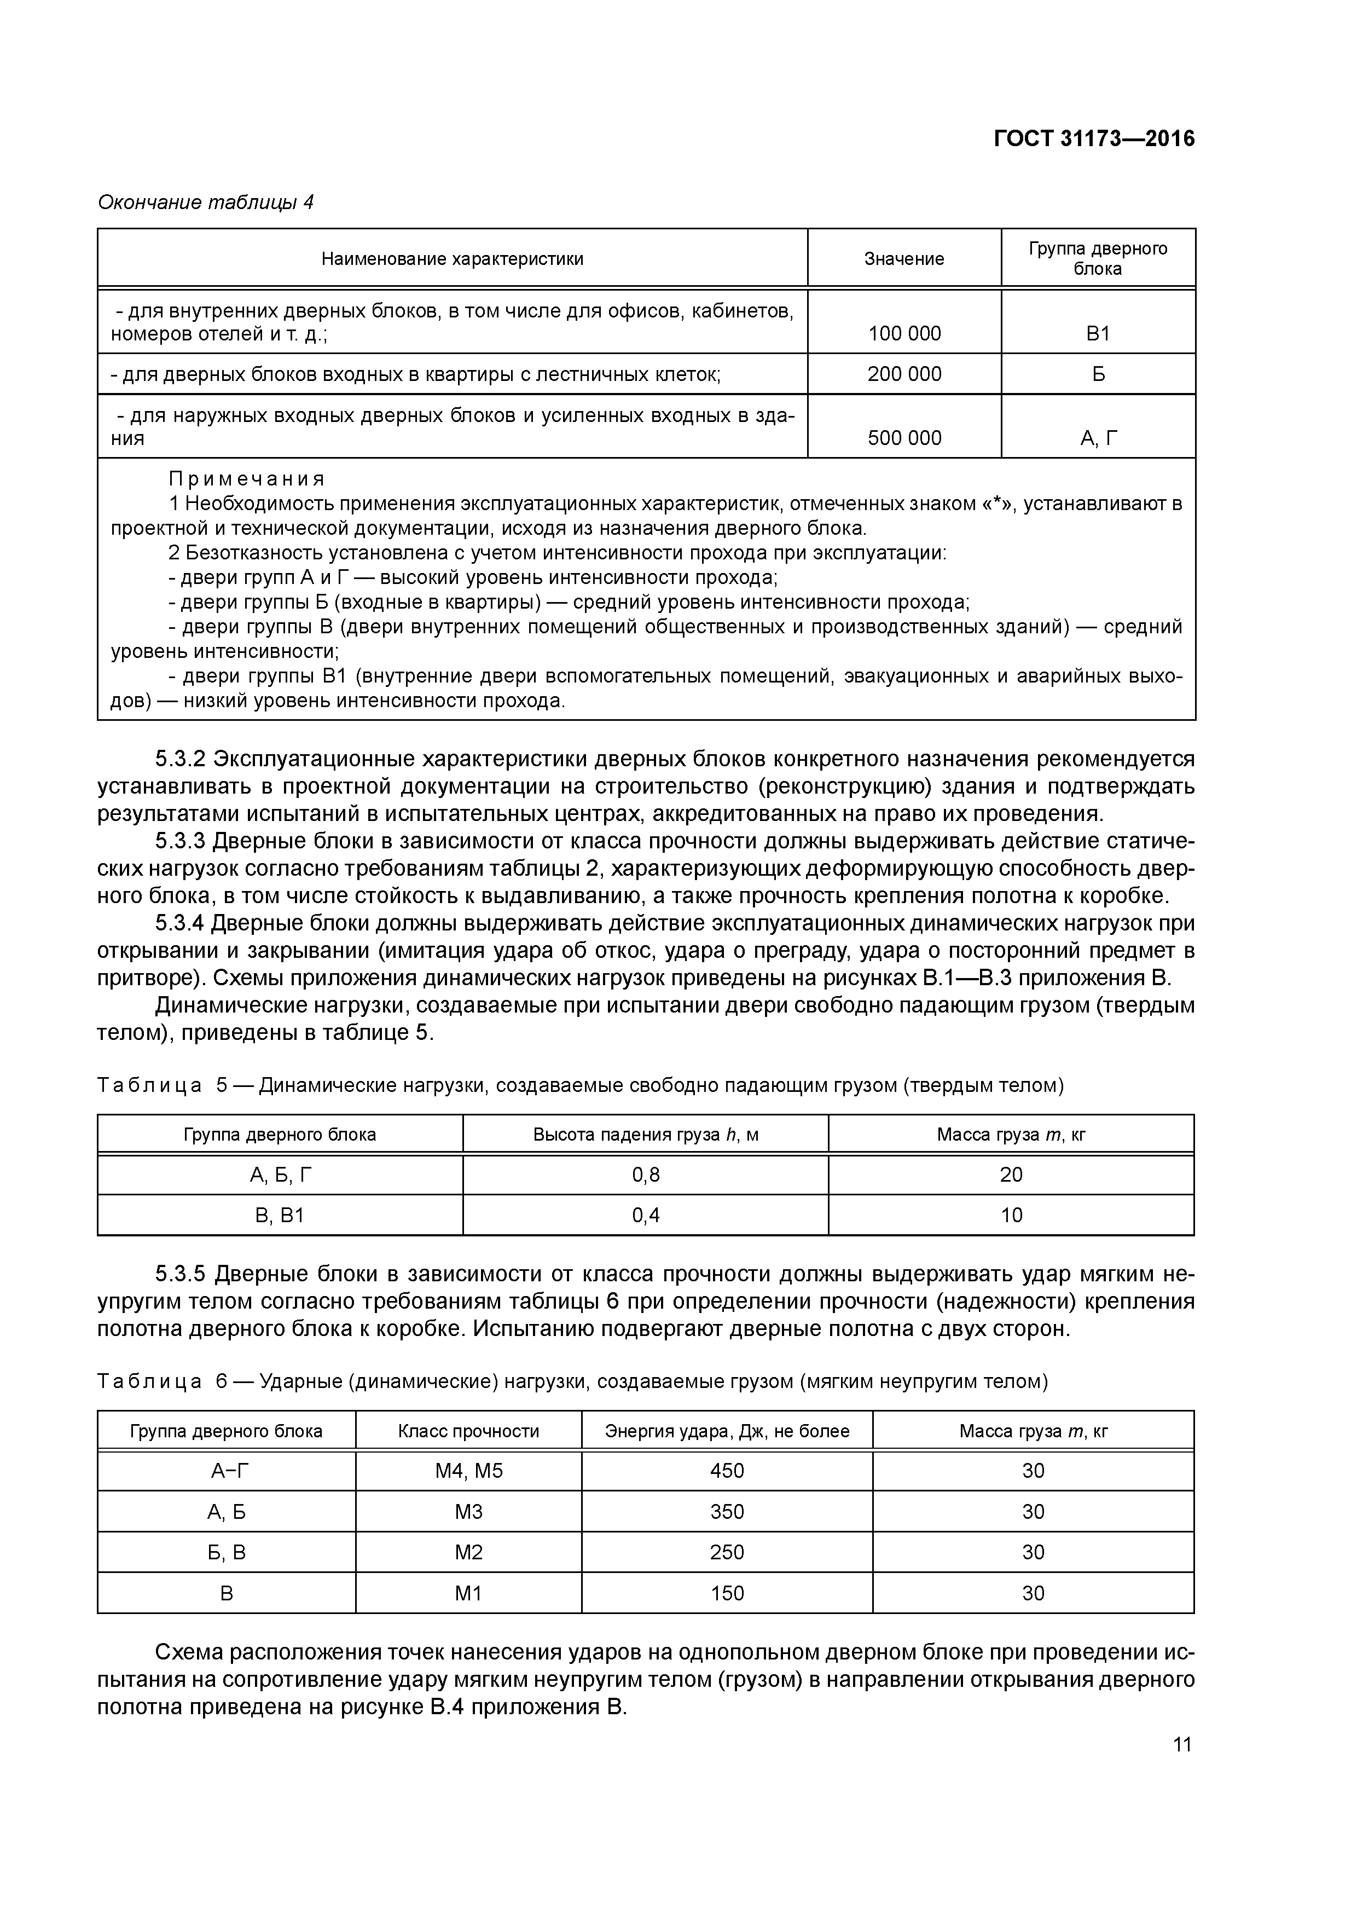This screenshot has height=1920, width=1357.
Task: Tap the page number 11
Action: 1181,1744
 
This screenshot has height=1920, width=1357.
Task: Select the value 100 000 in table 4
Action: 904,334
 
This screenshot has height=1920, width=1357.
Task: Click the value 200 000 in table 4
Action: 904,374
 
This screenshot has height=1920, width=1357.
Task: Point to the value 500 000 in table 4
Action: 904,438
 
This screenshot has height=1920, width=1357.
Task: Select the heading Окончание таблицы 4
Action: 206,203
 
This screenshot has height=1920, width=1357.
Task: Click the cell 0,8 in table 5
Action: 646,1175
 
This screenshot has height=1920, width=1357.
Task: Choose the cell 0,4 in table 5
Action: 646,1215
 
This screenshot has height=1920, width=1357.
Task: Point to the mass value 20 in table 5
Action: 1011,1175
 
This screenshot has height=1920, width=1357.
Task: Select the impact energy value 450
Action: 727,1471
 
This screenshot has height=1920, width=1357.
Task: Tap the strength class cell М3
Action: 468,1512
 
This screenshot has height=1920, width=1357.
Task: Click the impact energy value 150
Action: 727,1593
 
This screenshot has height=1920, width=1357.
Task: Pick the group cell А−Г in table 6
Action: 226,1471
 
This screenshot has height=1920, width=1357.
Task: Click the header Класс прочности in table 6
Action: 468,1431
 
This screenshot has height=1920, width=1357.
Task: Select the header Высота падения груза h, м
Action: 646,1135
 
